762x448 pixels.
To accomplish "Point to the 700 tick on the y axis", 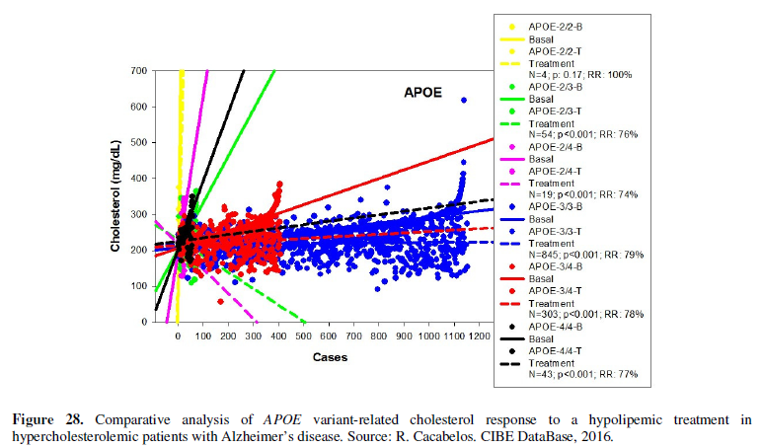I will [139, 71].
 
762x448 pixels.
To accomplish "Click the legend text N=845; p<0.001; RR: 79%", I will [585, 255].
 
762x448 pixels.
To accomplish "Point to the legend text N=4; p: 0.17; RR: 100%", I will [585, 74].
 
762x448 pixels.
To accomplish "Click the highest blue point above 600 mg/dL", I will [464, 101].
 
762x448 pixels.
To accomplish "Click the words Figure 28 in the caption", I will [49, 408].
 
